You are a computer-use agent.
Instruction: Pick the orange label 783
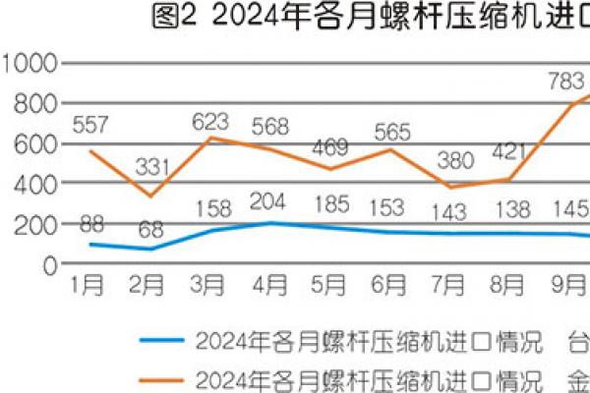[564, 82]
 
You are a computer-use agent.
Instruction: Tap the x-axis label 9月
[564, 286]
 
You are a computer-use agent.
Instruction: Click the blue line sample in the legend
[162, 342]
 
